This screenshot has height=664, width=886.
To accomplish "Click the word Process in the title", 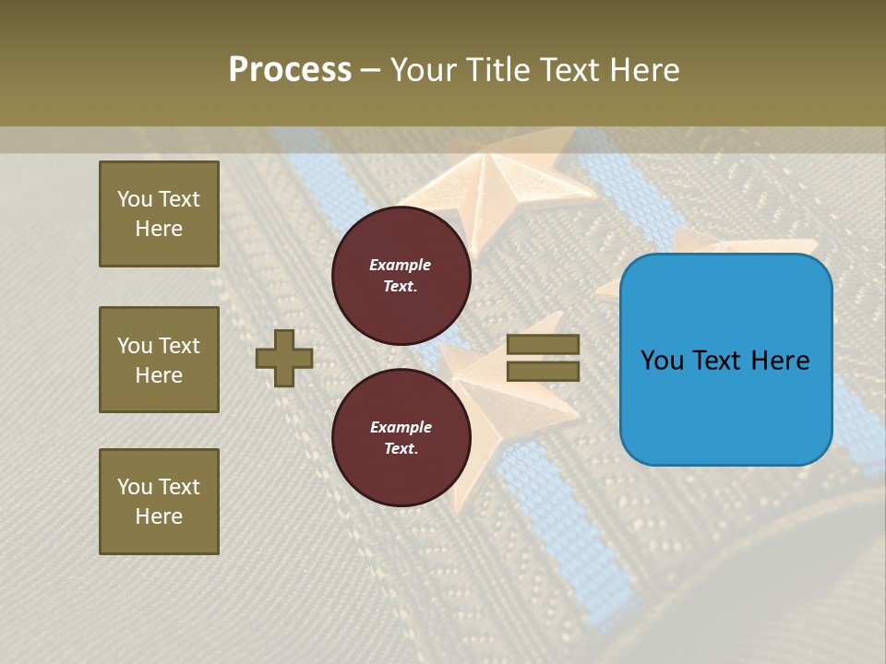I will (290, 70).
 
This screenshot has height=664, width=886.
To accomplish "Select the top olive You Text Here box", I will (159, 214).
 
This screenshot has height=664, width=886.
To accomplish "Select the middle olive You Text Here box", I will (159, 360).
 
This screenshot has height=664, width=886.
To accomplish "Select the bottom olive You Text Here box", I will (159, 502).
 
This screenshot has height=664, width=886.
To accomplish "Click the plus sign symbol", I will (284, 358).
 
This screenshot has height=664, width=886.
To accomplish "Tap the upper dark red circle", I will (401, 276).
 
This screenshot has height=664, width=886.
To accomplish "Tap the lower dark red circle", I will (401, 438).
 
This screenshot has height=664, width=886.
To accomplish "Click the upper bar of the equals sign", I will (543, 344).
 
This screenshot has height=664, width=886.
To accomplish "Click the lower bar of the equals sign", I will (543, 371).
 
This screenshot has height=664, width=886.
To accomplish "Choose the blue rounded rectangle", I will (725, 360).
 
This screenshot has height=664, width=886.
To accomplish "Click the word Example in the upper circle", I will (401, 265).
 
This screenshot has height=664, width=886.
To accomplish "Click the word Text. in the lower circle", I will (401, 449).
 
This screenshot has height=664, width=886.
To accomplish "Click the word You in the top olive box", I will (135, 199).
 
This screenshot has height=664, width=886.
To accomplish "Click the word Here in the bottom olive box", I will (159, 516).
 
